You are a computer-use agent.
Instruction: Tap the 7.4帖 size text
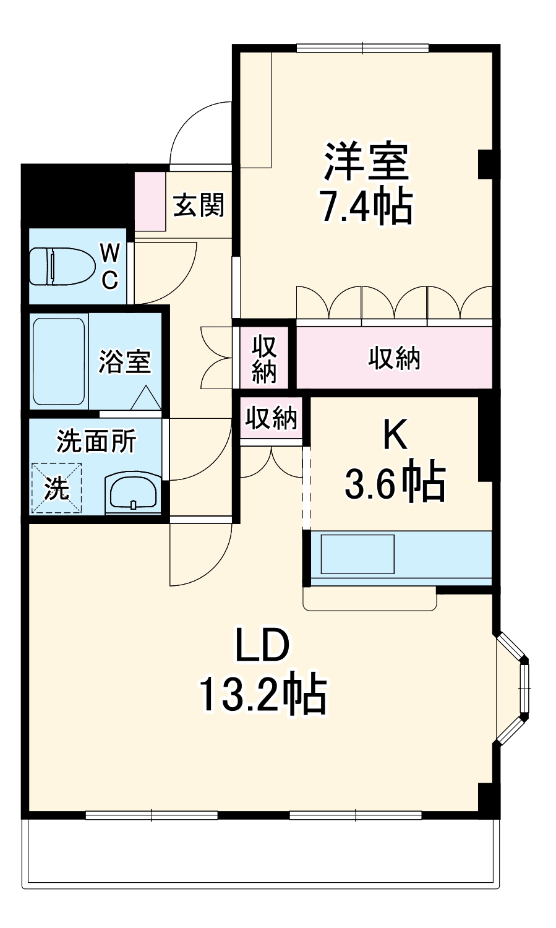[x=366, y=207]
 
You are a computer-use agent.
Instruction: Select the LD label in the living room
[x=262, y=646]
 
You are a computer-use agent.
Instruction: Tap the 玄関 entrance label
[x=198, y=205]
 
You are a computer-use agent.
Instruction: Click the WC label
[x=110, y=266]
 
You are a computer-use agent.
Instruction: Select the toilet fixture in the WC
[x=61, y=267]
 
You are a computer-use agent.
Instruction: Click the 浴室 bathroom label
[x=125, y=361]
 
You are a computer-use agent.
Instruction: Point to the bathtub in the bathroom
[x=58, y=361]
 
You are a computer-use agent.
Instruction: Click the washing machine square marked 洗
[x=56, y=488]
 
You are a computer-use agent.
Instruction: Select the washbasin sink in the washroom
[x=133, y=492]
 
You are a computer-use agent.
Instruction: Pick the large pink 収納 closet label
[x=394, y=358]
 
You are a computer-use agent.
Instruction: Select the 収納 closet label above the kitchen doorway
[x=271, y=419]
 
